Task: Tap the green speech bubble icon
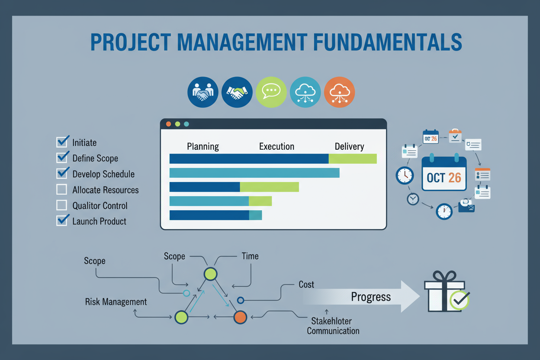coord(271,92)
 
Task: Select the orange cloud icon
coord(339,92)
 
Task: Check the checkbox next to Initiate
coord(62,142)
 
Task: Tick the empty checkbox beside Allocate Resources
coord(62,190)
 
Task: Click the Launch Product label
coord(99,221)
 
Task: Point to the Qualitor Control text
coord(100,206)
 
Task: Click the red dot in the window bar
coord(169,124)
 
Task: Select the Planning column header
coord(202,146)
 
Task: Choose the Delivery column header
coord(349,146)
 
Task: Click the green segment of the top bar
coord(353,159)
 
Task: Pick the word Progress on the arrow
coord(371,297)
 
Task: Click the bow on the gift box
coord(444,276)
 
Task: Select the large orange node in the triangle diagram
coord(240,317)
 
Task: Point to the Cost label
coord(306,285)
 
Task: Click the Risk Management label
coord(116,302)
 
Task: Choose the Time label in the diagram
coord(250,256)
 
